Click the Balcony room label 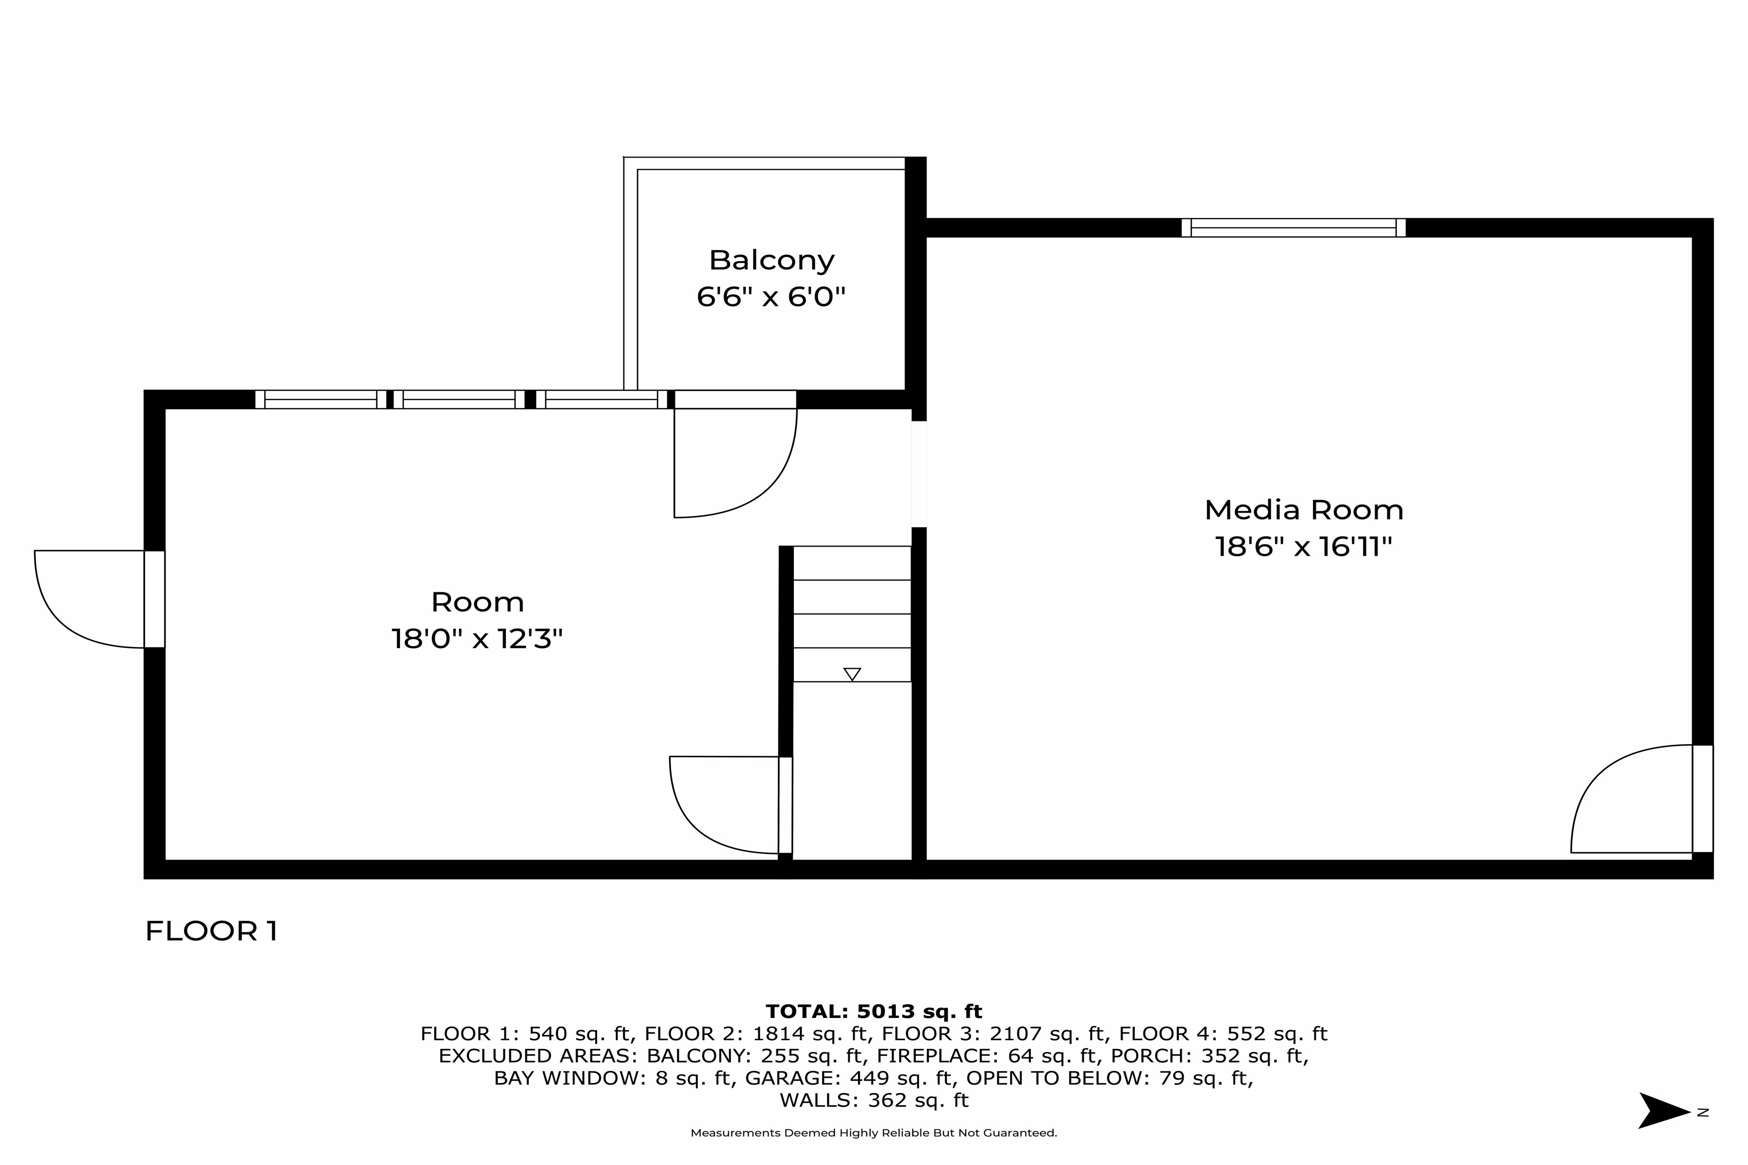[772, 260]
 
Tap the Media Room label [1304, 510]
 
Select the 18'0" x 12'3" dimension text [477, 638]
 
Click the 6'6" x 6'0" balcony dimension [772, 297]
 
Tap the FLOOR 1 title [211, 931]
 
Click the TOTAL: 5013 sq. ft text [874, 1011]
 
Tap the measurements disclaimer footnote [874, 1133]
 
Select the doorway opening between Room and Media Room [919, 474]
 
